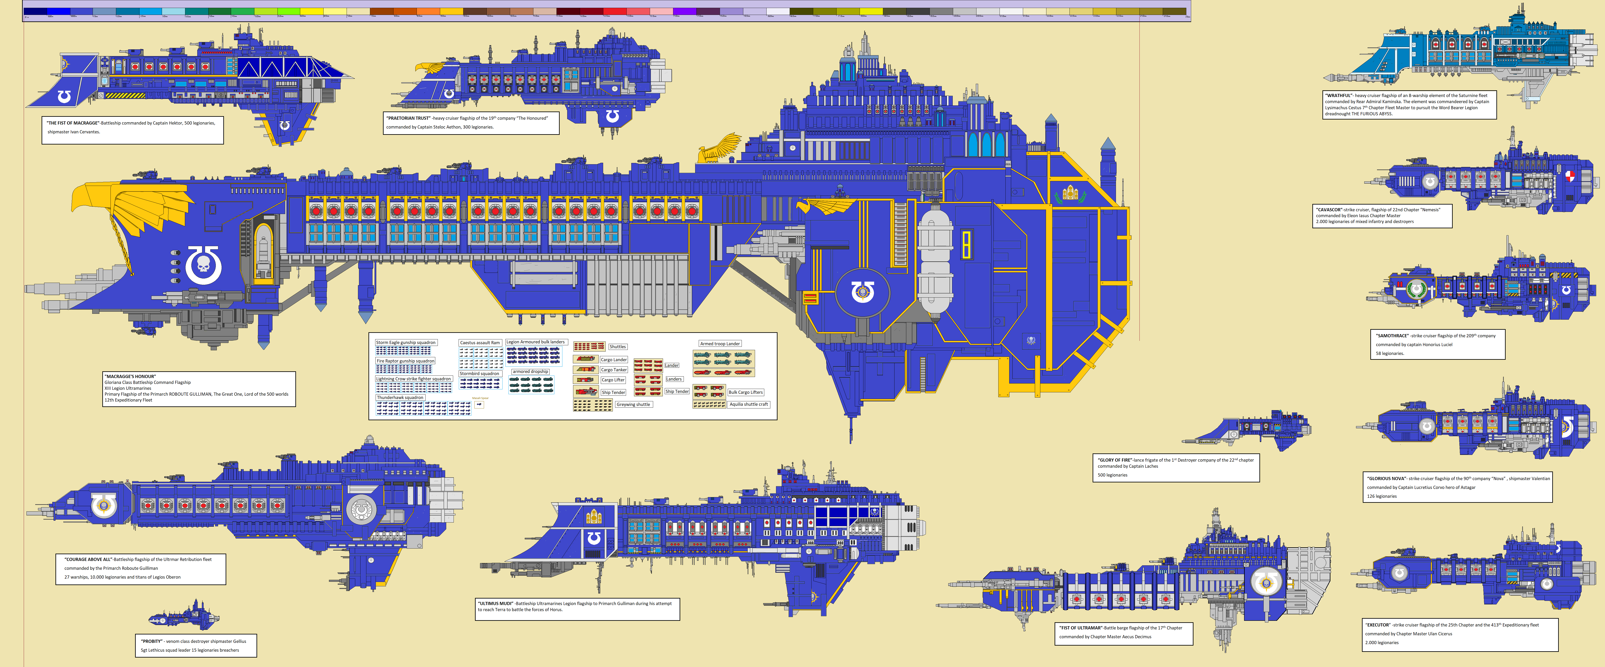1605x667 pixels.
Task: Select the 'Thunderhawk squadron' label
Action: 400,397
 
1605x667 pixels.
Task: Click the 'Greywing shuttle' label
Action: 633,404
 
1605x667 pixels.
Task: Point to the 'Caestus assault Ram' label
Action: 480,343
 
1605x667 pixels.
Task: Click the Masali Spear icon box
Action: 479,404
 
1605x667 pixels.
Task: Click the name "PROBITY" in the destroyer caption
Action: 151,641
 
